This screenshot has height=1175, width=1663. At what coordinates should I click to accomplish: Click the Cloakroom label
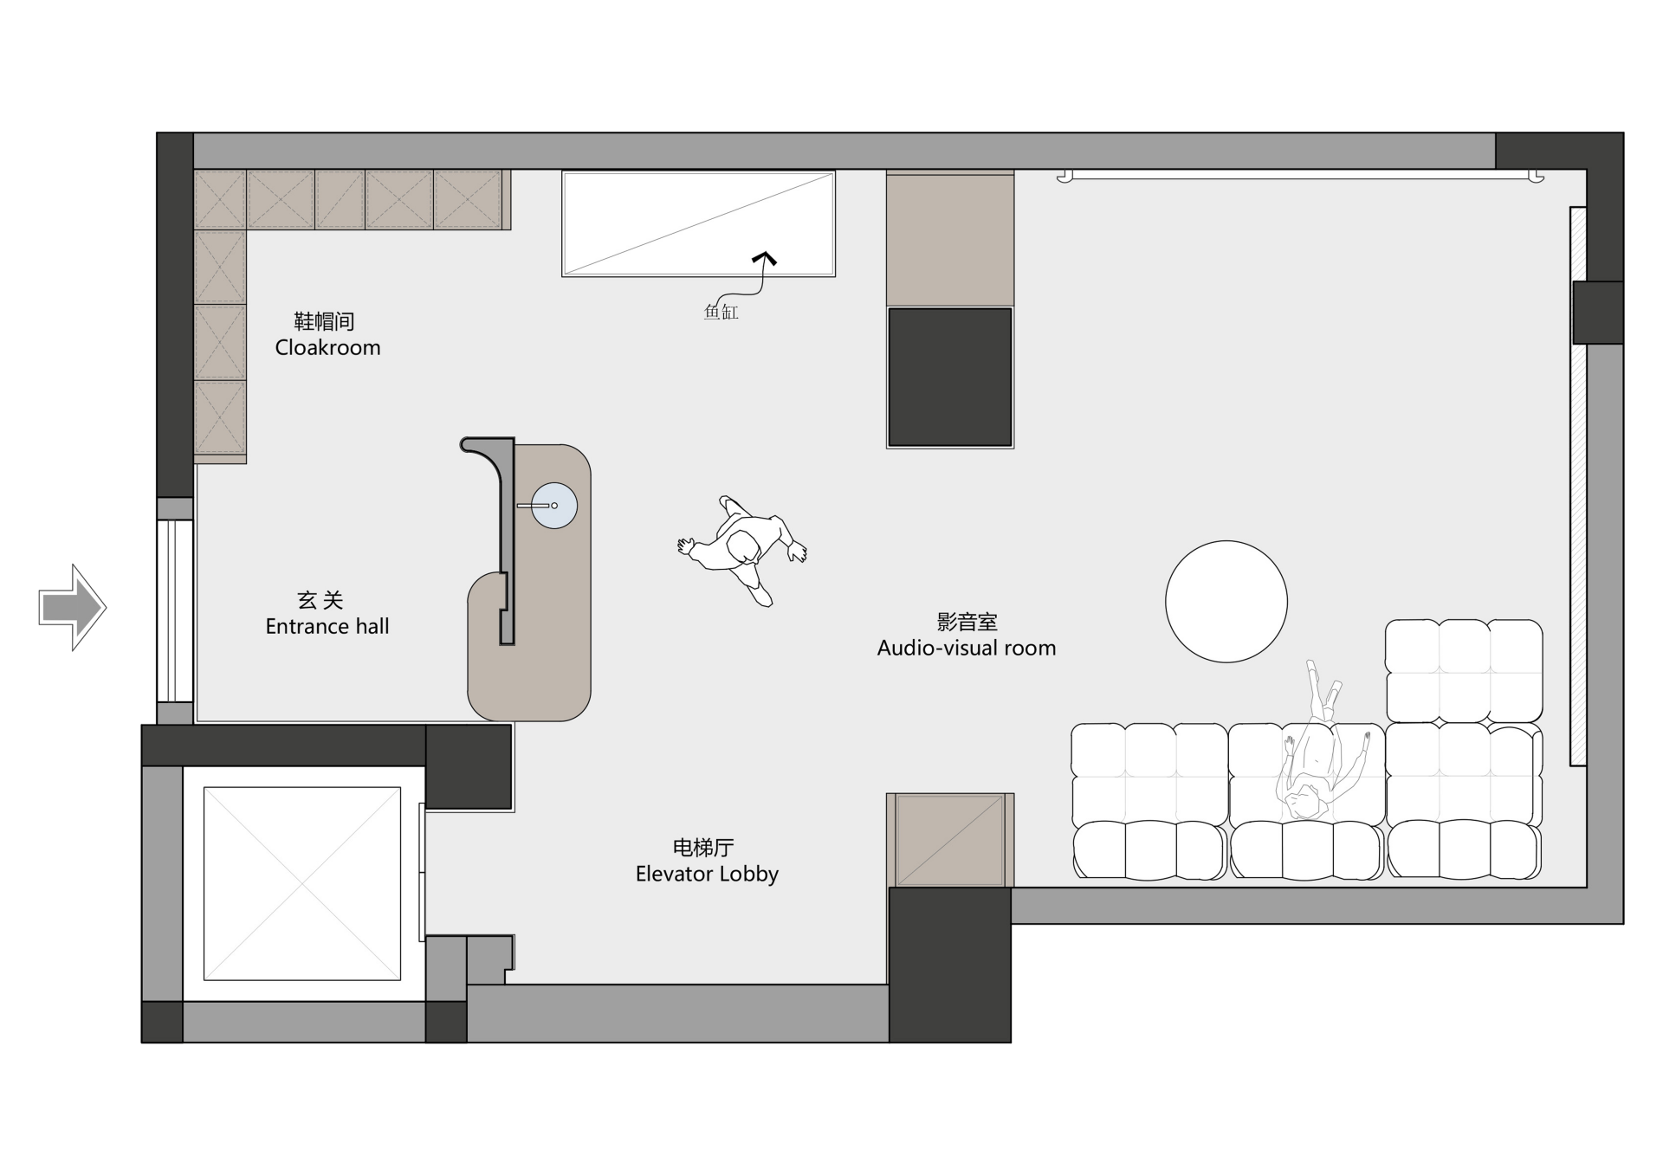point(327,347)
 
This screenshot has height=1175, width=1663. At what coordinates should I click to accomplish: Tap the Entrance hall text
point(327,626)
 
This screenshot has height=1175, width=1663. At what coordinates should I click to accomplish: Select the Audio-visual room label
point(967,648)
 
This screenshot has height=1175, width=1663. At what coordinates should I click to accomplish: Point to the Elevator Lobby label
point(707,874)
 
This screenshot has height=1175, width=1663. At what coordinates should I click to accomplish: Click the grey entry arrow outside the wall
point(73,607)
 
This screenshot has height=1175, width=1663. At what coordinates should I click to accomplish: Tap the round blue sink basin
point(554,506)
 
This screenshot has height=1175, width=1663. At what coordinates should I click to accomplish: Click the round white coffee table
point(1226,602)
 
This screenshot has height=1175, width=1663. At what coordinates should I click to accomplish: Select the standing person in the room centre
point(743,549)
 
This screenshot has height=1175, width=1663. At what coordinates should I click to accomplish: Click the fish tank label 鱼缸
point(721,312)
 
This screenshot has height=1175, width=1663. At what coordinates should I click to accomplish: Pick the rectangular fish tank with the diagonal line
point(698,223)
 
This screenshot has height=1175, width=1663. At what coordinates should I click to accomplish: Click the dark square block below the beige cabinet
point(950,377)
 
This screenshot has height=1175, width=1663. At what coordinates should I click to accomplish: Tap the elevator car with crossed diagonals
point(302,883)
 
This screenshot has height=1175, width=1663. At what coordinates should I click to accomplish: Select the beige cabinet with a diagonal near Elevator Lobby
point(950,840)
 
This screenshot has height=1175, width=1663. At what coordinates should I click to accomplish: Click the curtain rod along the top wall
point(1300,177)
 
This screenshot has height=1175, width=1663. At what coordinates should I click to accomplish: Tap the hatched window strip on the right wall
point(1578,486)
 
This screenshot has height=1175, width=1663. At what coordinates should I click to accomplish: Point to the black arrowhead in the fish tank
point(764,258)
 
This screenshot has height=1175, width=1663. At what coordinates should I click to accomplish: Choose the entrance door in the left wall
point(175,610)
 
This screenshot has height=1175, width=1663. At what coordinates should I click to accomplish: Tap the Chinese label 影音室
point(967,622)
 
